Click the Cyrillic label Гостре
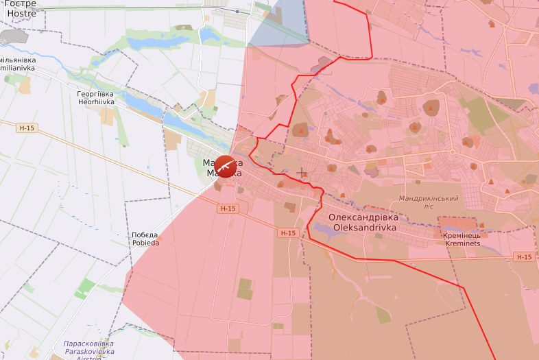click(21, 3)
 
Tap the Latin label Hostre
click(21, 13)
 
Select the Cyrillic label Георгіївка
click(95, 93)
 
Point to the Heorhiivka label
click(95, 101)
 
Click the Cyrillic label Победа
click(145, 235)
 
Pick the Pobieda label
click(145, 243)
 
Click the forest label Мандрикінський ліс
click(429, 202)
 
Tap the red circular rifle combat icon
click(226, 167)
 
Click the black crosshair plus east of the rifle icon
click(301, 173)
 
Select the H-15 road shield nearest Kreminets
click(523, 257)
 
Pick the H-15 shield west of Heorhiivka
click(27, 128)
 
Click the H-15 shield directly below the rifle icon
click(228, 208)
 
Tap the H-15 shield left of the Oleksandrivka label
click(287, 233)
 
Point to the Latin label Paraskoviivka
click(88, 351)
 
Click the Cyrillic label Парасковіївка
click(88, 343)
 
